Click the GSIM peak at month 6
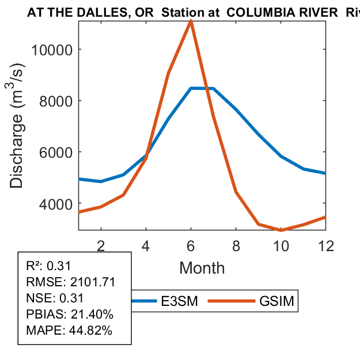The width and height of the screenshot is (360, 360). [x=191, y=21]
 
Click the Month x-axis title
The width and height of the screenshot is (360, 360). [x=202, y=267]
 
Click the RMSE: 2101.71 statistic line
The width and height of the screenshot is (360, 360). [x=71, y=282]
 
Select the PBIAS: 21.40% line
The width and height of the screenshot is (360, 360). [x=70, y=314]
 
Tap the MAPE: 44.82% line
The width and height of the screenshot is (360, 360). [x=69, y=331]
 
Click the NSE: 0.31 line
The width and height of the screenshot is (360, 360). [x=55, y=298]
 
